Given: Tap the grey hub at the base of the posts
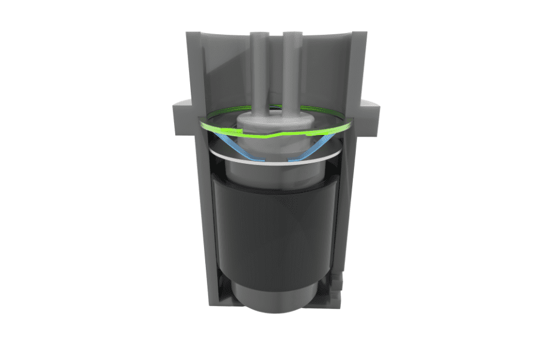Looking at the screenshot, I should pos(276,123).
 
